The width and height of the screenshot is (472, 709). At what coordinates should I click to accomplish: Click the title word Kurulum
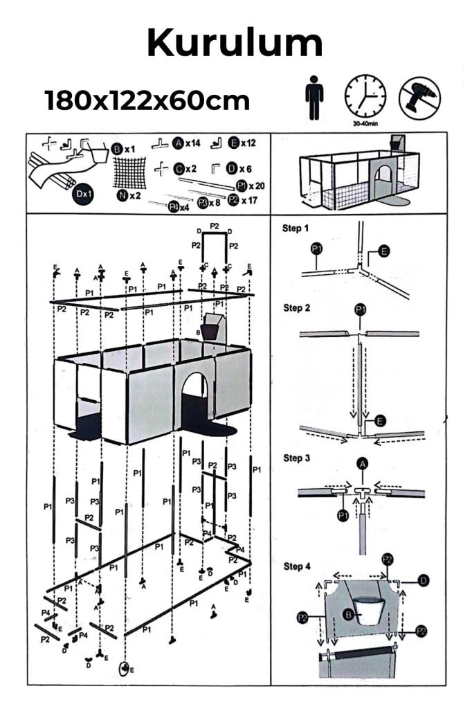[235, 44]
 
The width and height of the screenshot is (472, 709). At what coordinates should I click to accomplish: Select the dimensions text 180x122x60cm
[147, 101]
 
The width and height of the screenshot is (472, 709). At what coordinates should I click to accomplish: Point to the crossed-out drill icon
[419, 97]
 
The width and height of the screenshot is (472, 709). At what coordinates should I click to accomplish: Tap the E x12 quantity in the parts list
[242, 143]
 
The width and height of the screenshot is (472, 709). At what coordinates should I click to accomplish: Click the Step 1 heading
[296, 228]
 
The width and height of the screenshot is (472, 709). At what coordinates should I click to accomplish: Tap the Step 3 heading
[296, 458]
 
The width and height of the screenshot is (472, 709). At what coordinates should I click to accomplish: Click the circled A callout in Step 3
[361, 464]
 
